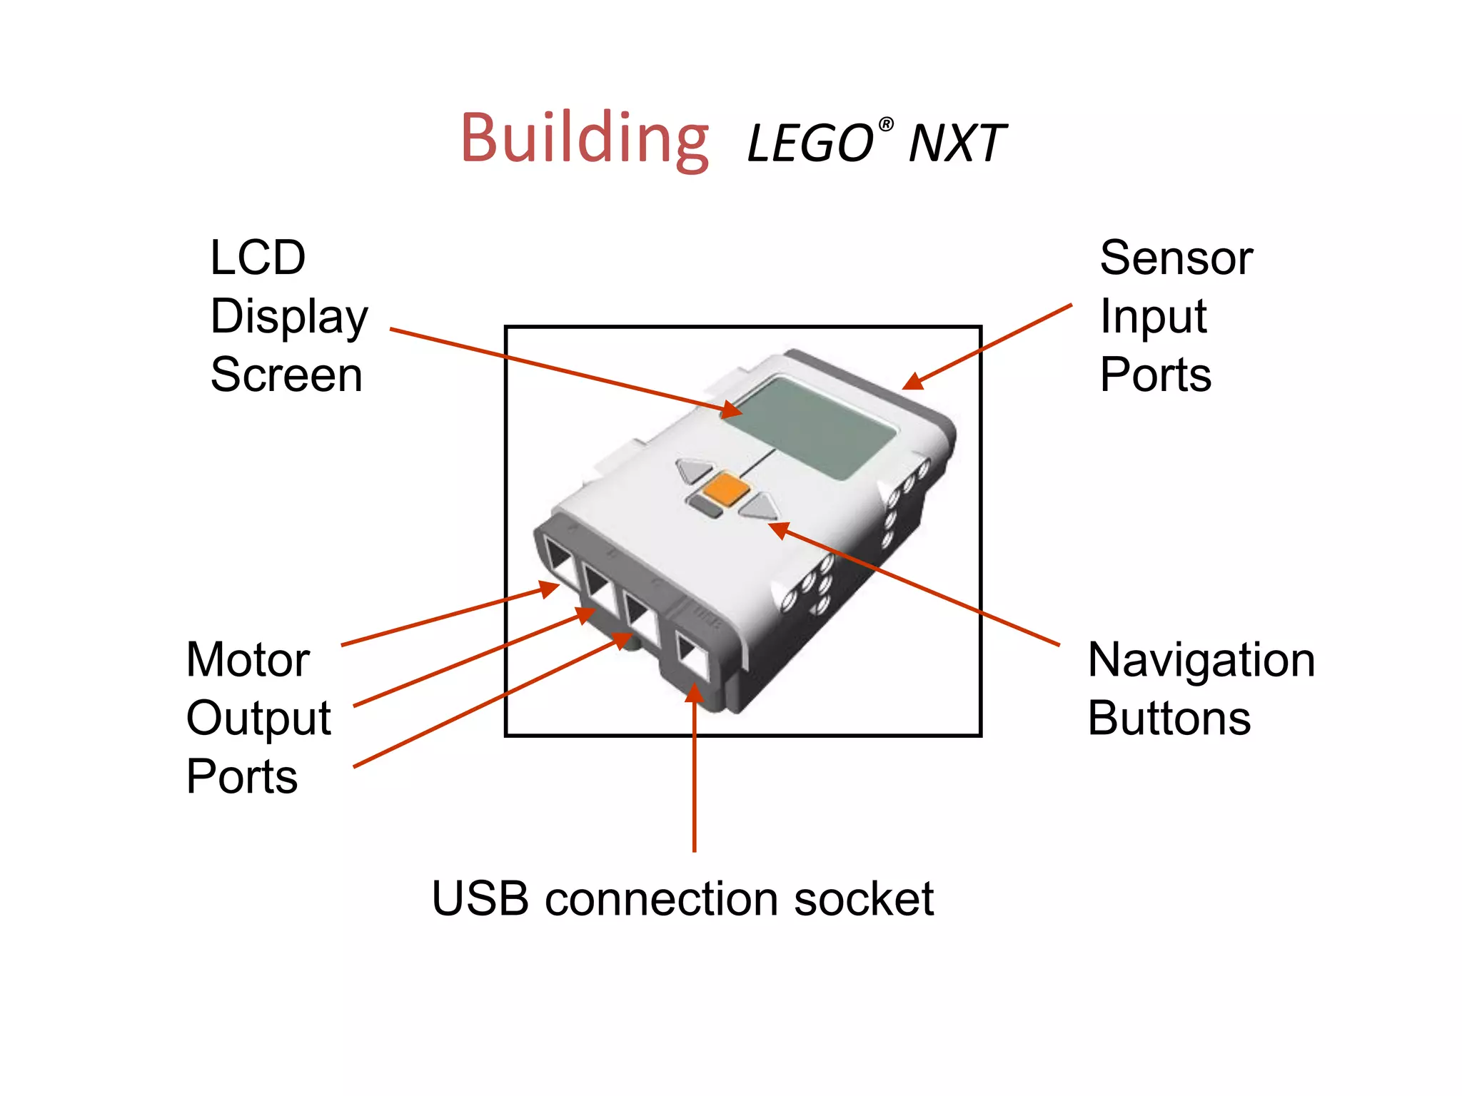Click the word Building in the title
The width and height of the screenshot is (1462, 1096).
coord(585,138)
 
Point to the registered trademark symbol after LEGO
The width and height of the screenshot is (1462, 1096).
coord(885,126)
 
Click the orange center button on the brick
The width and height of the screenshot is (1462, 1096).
coord(725,489)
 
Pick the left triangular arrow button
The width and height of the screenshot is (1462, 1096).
coord(693,470)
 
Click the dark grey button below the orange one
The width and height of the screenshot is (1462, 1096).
coord(705,507)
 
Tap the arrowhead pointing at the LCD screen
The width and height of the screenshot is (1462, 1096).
coord(731,411)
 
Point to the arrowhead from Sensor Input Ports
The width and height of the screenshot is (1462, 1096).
coord(914,382)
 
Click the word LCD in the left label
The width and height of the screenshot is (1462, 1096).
coord(258,258)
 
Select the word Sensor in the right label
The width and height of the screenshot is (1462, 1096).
coord(1176,258)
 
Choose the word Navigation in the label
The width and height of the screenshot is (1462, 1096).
coord(1201,660)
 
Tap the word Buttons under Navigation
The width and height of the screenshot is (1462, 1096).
coord(1169,719)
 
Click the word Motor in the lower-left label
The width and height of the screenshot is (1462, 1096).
coord(248,660)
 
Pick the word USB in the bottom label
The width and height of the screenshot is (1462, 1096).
coord(480,898)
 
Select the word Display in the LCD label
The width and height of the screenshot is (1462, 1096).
coord(289,317)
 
